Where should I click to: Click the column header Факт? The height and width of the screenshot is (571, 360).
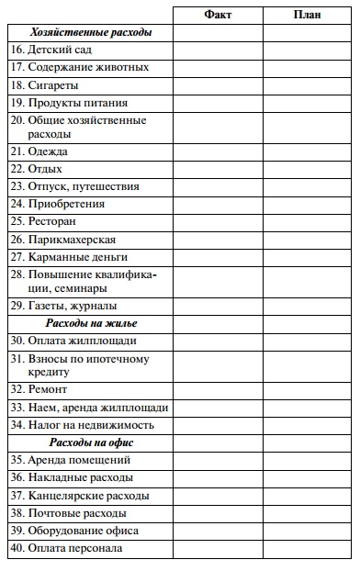tap(218, 15)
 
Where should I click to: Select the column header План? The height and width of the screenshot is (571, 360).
tap(308, 15)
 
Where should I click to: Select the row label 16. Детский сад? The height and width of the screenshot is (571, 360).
tap(51, 50)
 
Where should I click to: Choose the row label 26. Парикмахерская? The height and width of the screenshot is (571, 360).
tap(63, 240)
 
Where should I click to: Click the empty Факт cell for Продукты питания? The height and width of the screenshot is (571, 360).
tap(218, 103)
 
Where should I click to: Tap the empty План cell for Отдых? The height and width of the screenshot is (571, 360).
tap(308, 169)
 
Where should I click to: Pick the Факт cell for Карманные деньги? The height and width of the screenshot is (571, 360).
tap(218, 257)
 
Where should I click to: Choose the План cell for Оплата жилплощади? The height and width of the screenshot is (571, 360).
tap(308, 341)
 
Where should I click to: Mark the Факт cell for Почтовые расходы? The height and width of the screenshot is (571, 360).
tap(218, 513)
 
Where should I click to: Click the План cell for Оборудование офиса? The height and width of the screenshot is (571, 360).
tap(308, 532)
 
